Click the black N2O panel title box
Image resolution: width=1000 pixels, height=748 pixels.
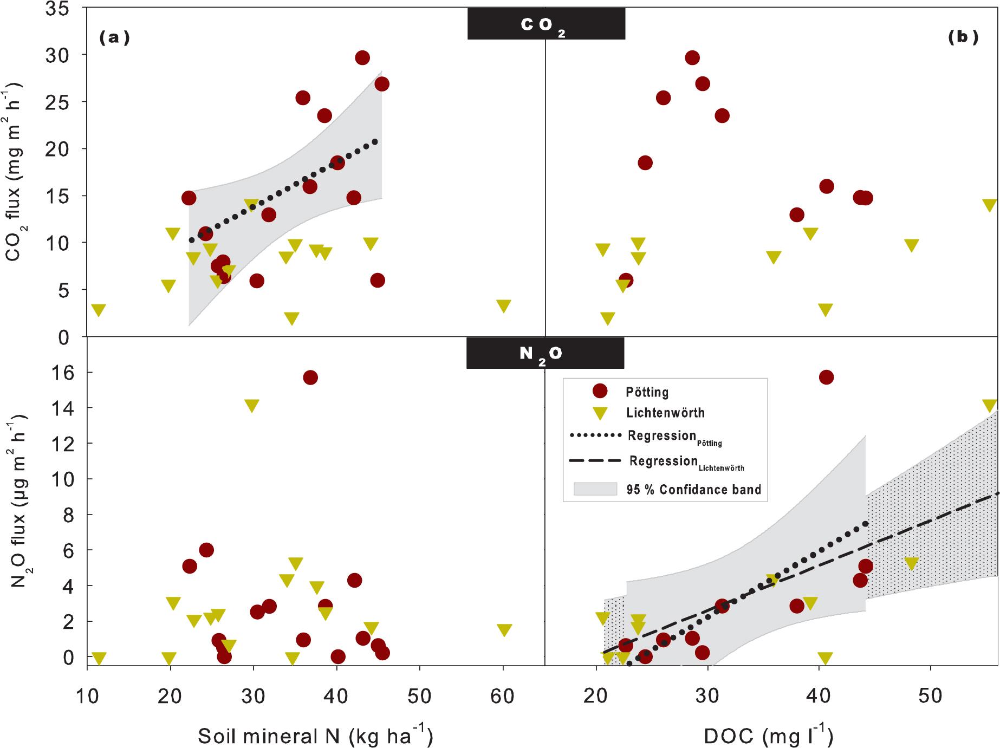click(x=545, y=354)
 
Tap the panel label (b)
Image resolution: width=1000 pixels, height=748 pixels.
click(x=963, y=37)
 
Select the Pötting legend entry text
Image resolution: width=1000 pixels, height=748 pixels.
click(x=647, y=392)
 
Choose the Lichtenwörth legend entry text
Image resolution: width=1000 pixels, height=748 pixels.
click(x=665, y=413)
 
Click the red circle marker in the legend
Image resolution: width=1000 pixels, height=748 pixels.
click(x=600, y=392)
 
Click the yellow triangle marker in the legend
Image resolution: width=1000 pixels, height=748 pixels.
click(x=600, y=413)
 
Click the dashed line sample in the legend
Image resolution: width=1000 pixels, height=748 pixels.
click(x=595, y=461)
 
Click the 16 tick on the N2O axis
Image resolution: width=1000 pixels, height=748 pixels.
click(x=65, y=372)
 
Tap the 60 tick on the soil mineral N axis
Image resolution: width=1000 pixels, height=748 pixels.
click(x=503, y=696)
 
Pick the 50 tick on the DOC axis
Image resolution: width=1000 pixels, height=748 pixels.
click(x=931, y=696)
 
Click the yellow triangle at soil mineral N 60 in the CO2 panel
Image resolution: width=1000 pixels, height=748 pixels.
click(x=503, y=306)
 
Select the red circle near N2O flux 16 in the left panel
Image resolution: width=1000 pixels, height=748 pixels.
click(x=310, y=378)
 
